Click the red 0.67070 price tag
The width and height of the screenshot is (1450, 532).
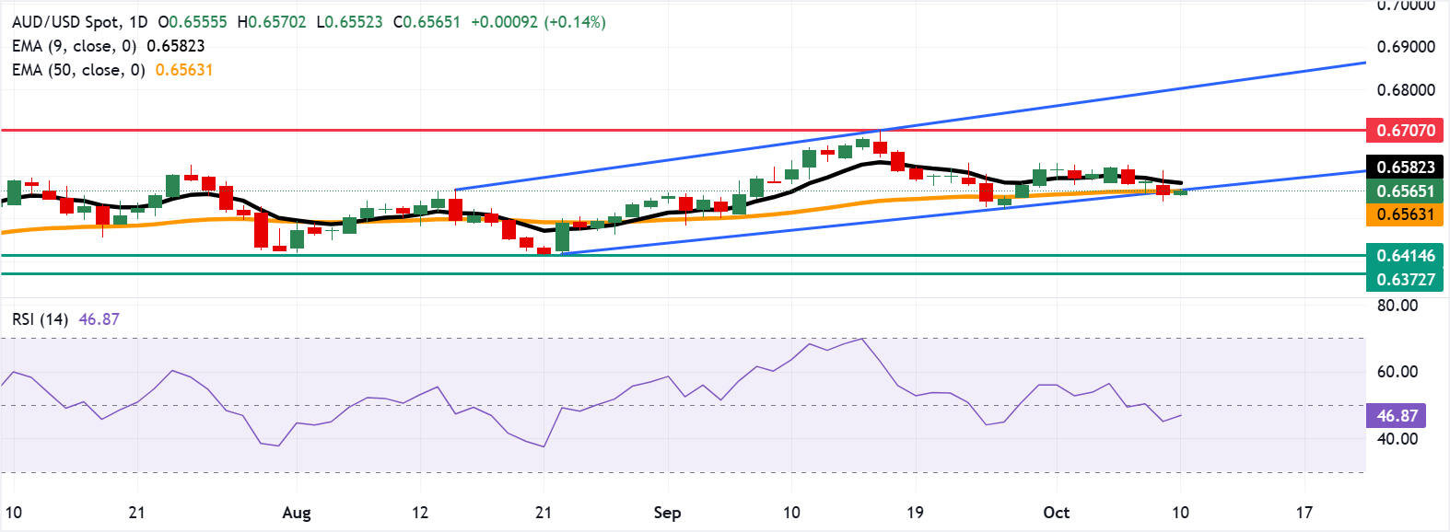pyautogui.click(x=1405, y=131)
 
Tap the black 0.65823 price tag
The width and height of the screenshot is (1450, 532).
pyautogui.click(x=1405, y=167)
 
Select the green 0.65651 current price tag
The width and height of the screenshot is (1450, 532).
pyautogui.click(x=1405, y=191)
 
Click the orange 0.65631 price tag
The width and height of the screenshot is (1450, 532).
pyautogui.click(x=1405, y=214)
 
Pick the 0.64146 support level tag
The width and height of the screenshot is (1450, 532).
pyautogui.click(x=1405, y=256)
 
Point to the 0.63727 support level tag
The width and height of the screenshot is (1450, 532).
pyautogui.click(x=1405, y=279)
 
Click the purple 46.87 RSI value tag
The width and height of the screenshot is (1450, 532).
pyautogui.click(x=1397, y=416)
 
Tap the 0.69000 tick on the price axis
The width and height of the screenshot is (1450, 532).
pyautogui.click(x=1406, y=47)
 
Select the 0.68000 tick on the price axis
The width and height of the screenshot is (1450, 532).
pyautogui.click(x=1406, y=90)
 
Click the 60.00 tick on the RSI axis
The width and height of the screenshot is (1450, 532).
pyautogui.click(x=1397, y=372)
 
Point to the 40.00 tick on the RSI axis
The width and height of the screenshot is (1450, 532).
pyautogui.click(x=1397, y=439)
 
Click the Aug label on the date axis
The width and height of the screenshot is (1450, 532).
pyautogui.click(x=297, y=513)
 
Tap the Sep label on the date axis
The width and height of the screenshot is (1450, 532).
pyautogui.click(x=667, y=513)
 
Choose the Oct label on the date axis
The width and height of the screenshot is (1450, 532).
pyautogui.click(x=1057, y=513)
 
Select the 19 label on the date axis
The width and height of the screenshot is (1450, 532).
pyautogui.click(x=915, y=513)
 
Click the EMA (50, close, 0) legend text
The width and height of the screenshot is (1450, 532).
pyautogui.click(x=78, y=70)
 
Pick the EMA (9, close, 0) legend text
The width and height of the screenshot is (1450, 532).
pyautogui.click(x=74, y=46)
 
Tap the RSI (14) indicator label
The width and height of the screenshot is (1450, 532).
pyautogui.click(x=40, y=319)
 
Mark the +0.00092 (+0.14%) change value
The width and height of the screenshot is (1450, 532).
pyautogui.click(x=538, y=22)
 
